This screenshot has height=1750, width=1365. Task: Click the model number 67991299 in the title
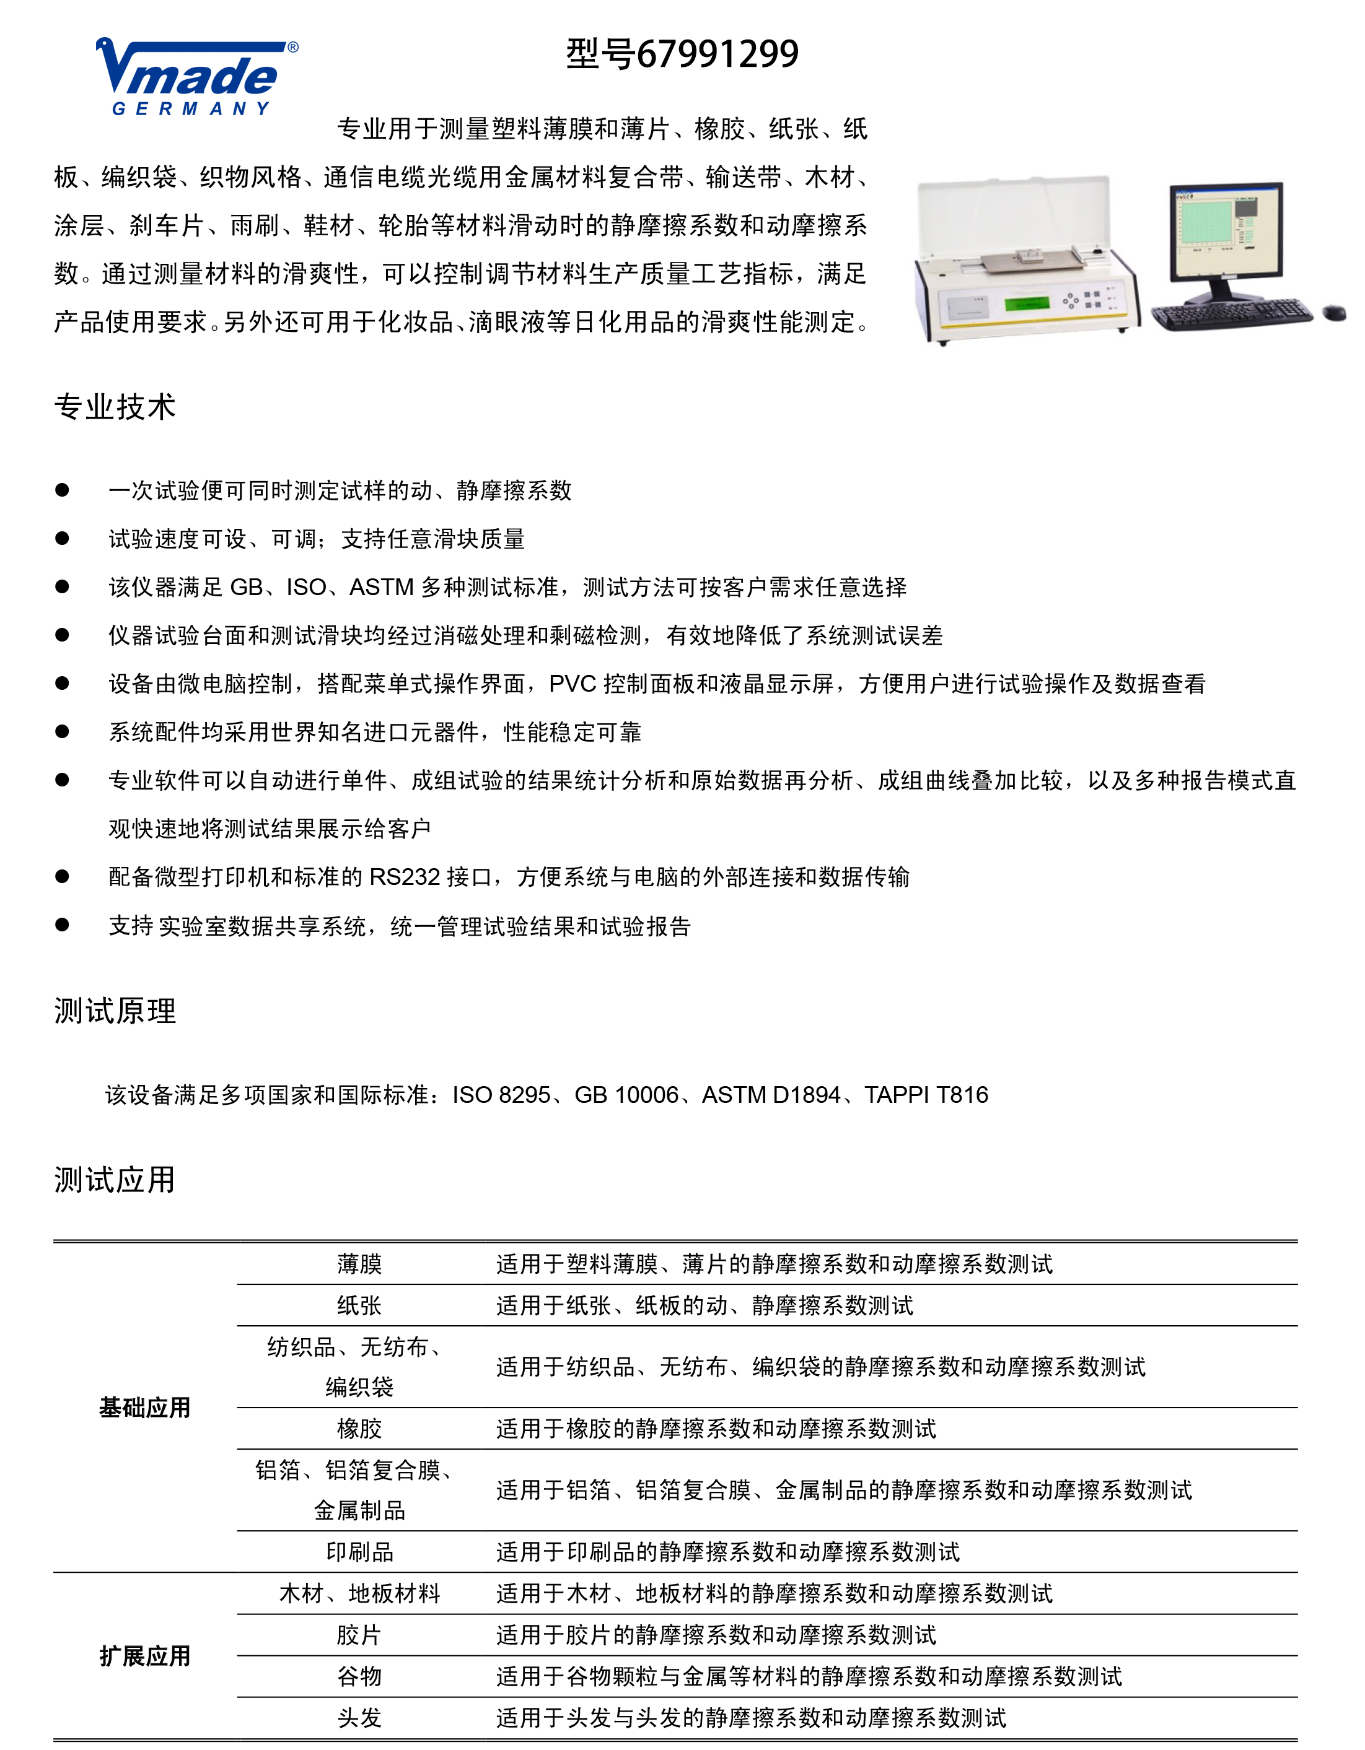click(x=718, y=54)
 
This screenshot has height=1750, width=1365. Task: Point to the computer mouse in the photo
click(x=1334, y=313)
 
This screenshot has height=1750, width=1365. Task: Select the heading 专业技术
click(x=115, y=407)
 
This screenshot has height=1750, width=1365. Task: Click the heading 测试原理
click(x=115, y=1011)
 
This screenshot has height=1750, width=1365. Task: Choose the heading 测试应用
click(x=115, y=1180)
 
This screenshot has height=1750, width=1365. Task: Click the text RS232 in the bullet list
click(x=405, y=877)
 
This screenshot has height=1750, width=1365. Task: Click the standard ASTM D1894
click(x=771, y=1095)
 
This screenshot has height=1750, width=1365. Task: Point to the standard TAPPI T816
click(x=926, y=1095)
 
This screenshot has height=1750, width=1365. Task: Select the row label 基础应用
click(x=145, y=1408)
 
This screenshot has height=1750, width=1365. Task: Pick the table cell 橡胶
click(x=359, y=1429)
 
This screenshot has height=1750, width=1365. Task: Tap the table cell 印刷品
click(x=359, y=1552)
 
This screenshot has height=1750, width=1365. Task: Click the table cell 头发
click(x=359, y=1717)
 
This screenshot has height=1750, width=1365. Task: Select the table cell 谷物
click(x=359, y=1676)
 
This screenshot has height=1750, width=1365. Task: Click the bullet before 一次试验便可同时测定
click(x=63, y=490)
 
